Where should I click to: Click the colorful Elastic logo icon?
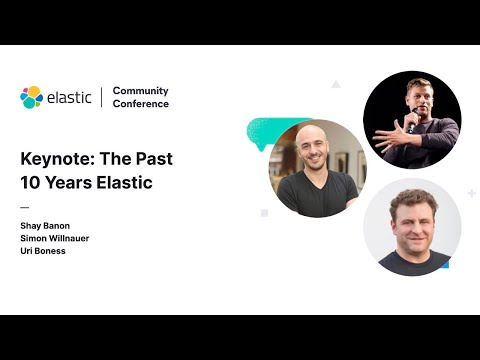point(31,97)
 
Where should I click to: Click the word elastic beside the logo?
point(69,97)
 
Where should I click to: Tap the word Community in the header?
point(140,91)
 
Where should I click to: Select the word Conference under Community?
point(141,104)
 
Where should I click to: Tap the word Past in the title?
point(153,158)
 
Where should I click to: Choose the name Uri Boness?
point(43,251)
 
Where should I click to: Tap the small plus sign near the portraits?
point(471,192)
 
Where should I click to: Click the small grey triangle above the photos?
point(336,85)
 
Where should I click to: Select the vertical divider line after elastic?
point(102,97)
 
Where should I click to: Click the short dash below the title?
point(25,207)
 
